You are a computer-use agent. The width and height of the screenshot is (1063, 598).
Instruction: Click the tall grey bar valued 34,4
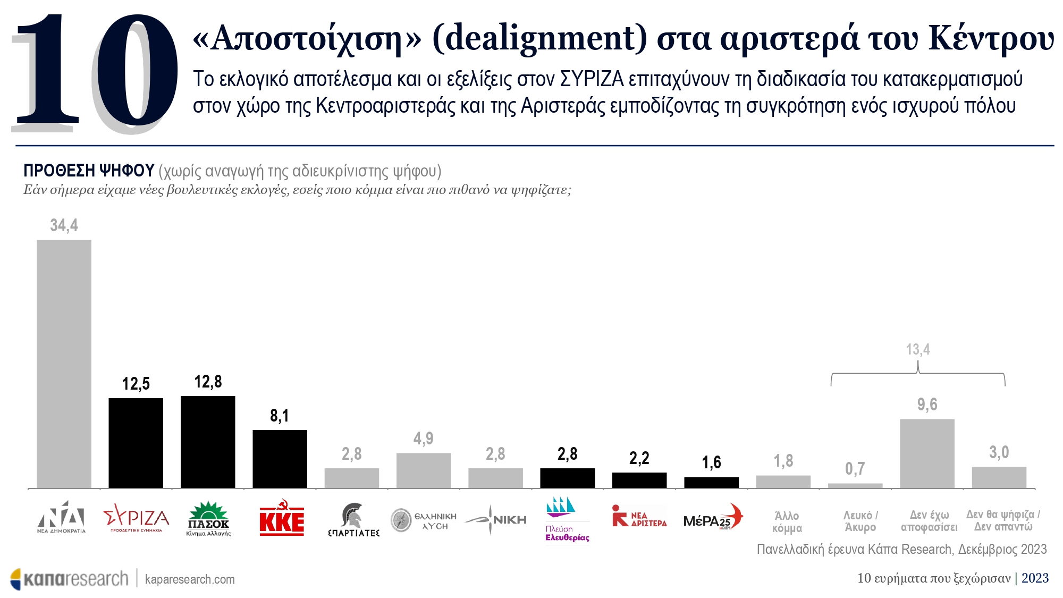(64, 364)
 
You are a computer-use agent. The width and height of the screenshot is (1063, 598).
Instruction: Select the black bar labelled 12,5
(136, 443)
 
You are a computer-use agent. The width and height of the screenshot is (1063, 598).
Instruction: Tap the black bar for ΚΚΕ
(280, 459)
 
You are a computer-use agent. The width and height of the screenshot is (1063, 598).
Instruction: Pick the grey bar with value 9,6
(927, 453)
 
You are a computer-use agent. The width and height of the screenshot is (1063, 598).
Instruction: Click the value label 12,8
(208, 382)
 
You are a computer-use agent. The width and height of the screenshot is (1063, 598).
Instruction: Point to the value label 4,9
(423, 439)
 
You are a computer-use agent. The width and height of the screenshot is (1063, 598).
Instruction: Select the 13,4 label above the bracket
(918, 350)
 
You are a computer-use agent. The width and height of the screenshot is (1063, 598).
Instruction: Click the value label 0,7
(855, 469)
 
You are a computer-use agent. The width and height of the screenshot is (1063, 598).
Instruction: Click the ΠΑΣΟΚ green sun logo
(208, 518)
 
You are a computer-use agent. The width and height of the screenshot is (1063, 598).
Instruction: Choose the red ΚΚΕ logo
(282, 518)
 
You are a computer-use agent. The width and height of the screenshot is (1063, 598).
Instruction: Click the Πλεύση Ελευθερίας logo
(567, 519)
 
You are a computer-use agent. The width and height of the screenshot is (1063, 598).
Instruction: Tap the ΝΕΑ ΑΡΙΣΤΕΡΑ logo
(639, 516)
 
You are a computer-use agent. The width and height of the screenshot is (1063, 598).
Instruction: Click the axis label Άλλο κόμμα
(787, 522)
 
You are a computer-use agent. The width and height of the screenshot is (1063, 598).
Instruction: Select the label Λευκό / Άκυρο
(860, 521)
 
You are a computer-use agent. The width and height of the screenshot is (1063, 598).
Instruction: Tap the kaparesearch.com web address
(190, 579)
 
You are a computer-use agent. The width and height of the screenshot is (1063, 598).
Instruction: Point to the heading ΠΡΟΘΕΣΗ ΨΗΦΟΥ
(89, 171)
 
